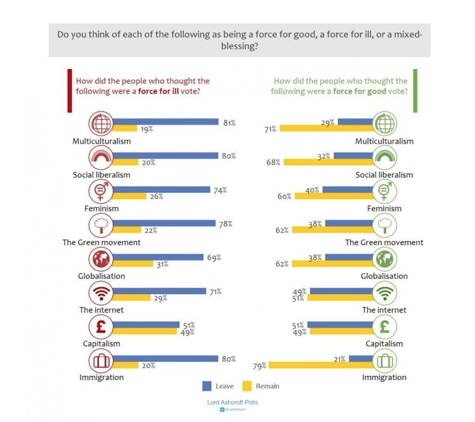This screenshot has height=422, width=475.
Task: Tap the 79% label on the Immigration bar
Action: tap(259, 366)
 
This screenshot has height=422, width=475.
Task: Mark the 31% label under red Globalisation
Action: tap(162, 265)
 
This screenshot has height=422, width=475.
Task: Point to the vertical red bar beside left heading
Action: tap(70, 89)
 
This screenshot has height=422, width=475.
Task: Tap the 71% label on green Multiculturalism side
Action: tap(271, 128)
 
